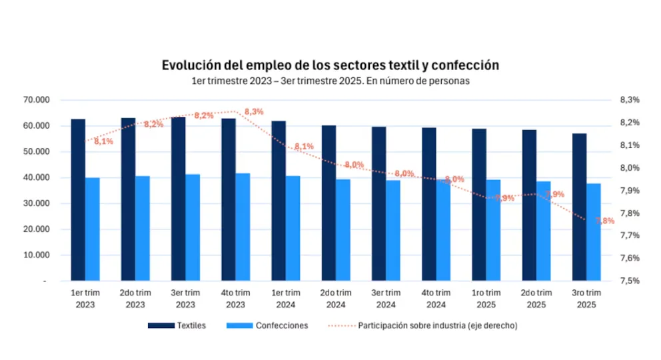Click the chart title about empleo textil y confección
(x=330, y=65)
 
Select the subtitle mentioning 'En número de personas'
(x=330, y=81)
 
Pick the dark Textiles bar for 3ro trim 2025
(x=580, y=207)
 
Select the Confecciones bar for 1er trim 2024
(x=293, y=228)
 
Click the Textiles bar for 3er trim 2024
(x=379, y=203)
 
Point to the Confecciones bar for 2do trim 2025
(x=544, y=231)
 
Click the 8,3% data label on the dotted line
(x=254, y=111)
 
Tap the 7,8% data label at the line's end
(x=605, y=221)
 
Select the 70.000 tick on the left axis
(x=37, y=100)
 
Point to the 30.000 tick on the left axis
(x=37, y=203)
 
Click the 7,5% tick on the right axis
(x=629, y=281)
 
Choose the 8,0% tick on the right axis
(x=629, y=168)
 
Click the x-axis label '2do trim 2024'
(x=336, y=299)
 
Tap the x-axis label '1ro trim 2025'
(x=486, y=299)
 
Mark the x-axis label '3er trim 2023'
(x=185, y=299)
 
